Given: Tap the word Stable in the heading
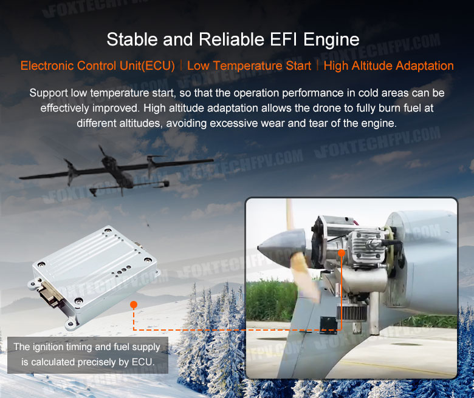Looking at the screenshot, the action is pos(132,39).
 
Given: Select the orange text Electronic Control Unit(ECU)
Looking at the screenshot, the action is pos(98,66).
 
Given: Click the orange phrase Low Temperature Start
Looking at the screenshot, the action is pos(249,66).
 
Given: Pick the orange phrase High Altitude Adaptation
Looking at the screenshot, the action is pos(389,66).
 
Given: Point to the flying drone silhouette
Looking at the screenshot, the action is pos(117,170).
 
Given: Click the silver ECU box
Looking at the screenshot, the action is pos(94,276).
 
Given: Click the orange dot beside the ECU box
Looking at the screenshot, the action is pos(134,305).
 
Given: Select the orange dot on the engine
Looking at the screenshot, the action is pos(342,253).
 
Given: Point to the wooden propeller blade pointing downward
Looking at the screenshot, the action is pos(304,278).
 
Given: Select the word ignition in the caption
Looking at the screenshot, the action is pos(46,347).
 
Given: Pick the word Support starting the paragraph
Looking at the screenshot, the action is pos(49,93).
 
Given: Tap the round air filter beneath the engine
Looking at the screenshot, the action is pos(348,314).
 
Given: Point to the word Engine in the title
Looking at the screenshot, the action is pos(331,40).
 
